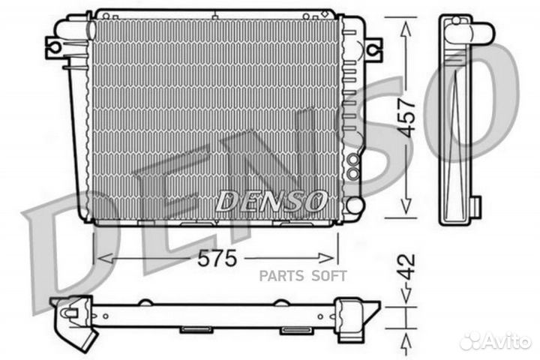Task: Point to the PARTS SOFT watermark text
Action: coord(303,275)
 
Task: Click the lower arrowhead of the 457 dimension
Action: coord(406,211)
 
